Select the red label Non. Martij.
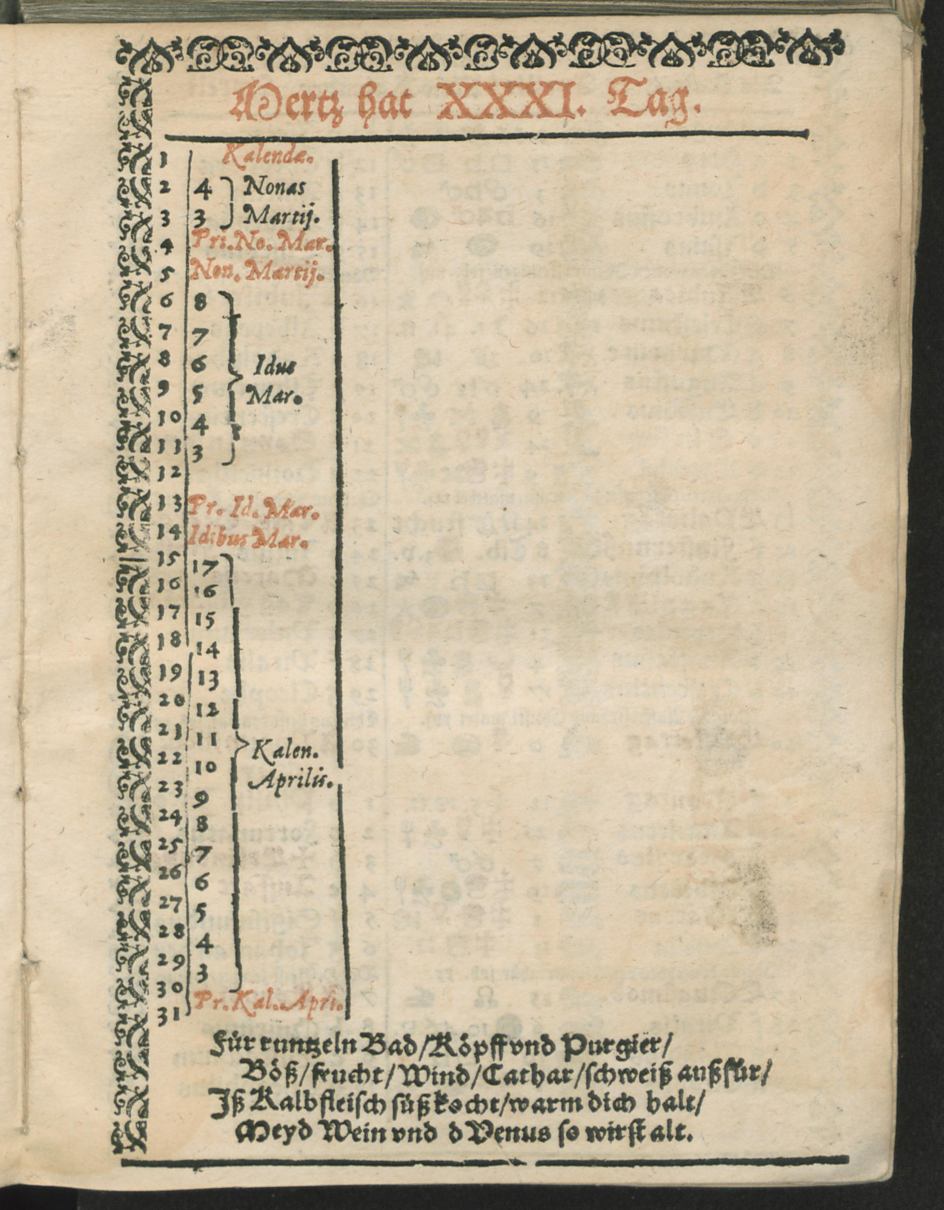click(256, 272)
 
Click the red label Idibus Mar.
click(249, 537)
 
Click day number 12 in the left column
click(170, 473)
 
